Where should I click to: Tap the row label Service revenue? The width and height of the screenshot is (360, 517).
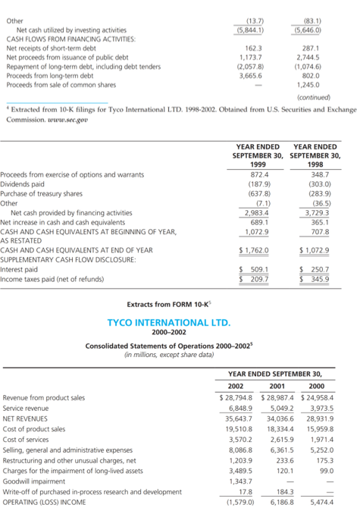[x=27, y=408]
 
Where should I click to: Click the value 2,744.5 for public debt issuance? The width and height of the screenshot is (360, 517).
[x=315, y=56]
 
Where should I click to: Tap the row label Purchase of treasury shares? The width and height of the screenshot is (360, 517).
[x=38, y=193]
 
